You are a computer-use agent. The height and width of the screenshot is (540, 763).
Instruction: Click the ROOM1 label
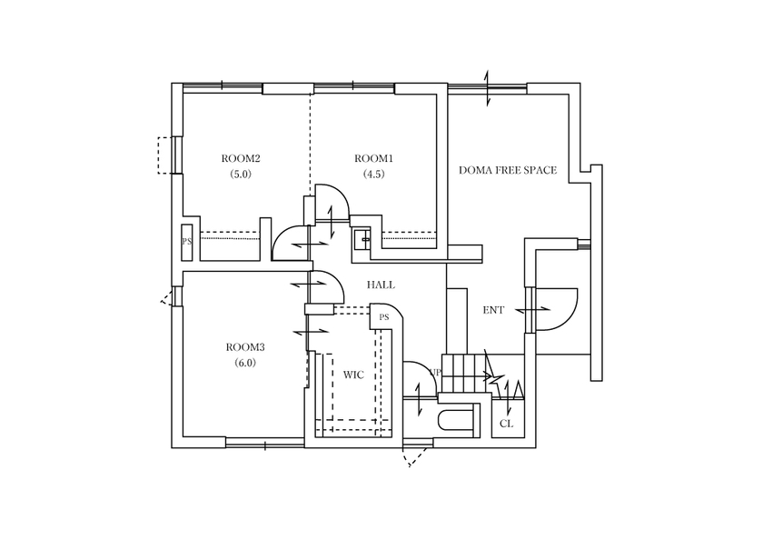point(372,158)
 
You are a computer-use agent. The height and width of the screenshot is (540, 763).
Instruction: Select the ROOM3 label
point(245,347)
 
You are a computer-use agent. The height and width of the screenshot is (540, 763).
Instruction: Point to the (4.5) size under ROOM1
point(372,174)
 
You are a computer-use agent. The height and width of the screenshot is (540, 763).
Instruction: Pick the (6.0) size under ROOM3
point(245,363)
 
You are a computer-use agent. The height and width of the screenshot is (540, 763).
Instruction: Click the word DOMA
point(475,170)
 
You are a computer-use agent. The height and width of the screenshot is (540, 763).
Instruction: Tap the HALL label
point(381,285)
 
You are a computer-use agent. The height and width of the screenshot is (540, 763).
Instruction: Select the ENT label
point(493,310)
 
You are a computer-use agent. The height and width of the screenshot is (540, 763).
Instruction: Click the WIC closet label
point(353,374)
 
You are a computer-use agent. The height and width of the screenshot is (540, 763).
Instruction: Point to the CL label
point(507,424)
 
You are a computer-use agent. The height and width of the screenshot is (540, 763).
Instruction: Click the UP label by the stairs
point(435,373)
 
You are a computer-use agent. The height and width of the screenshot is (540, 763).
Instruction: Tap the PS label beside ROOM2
point(186,243)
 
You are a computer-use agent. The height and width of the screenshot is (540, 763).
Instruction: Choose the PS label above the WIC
point(384,317)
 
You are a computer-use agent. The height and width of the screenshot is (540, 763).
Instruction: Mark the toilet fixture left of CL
point(457,419)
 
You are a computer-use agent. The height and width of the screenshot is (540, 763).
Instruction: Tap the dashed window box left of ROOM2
point(165,155)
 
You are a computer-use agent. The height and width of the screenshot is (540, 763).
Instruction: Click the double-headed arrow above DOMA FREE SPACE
point(487,88)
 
